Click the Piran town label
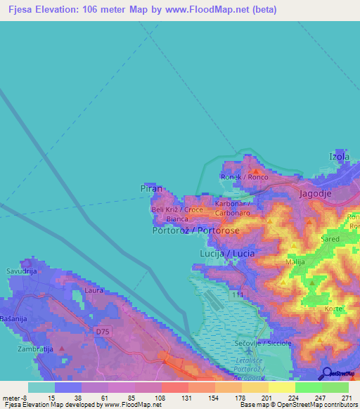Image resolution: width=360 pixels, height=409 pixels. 151,189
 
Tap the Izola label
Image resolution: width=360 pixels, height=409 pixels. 339,156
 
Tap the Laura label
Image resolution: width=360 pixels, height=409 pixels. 94,290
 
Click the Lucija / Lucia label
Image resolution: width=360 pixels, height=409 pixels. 227,252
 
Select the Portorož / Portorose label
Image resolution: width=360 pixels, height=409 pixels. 195,231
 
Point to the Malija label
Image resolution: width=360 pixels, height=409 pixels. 295,262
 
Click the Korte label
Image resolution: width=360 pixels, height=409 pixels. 333,309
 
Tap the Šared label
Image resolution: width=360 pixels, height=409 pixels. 330,239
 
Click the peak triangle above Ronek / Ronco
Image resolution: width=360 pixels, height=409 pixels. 256,171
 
